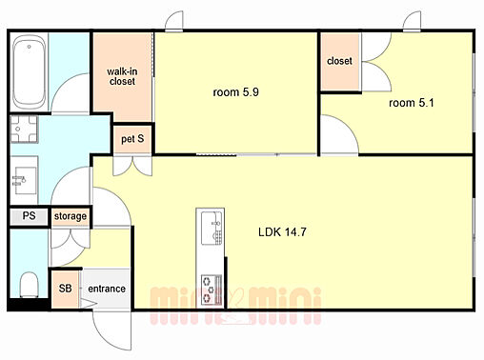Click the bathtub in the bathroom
point(29,72)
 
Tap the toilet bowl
point(29,284)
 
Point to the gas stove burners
point(212,290)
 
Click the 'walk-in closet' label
point(122,76)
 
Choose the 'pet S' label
point(132,139)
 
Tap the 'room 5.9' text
point(235,92)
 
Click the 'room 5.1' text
point(412,103)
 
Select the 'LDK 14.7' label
point(282,232)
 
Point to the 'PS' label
point(29,216)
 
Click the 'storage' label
point(71,216)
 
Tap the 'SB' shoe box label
point(65,289)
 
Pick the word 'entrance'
point(107,289)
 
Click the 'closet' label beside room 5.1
point(339,61)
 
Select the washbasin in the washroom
point(25,180)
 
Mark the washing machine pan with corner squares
point(24,129)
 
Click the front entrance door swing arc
point(105,336)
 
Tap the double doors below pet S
point(132,166)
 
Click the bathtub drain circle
point(29,47)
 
